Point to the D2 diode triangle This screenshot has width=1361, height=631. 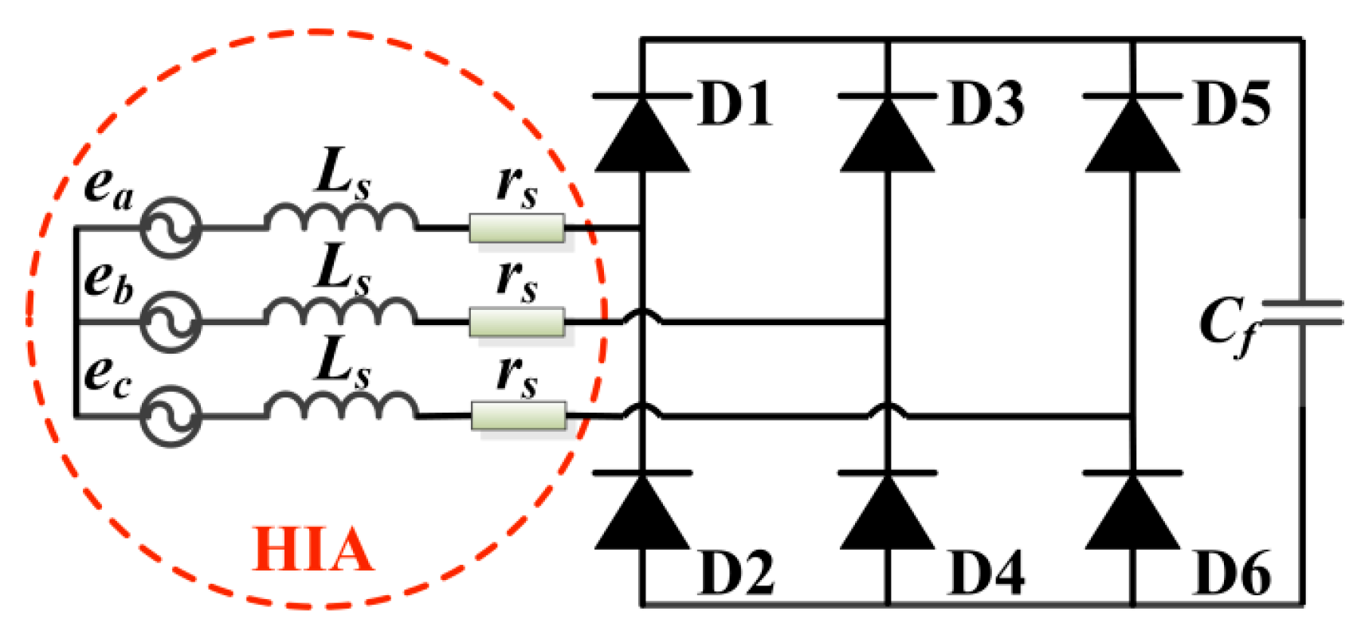tap(642, 514)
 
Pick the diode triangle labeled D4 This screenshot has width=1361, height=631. tap(887, 514)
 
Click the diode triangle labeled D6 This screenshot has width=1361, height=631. tap(1132, 514)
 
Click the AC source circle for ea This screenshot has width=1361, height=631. tap(171, 228)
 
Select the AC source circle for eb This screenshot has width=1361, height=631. tap(171, 321)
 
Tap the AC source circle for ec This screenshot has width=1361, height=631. tap(171, 415)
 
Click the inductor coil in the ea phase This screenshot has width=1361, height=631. tap(341, 218)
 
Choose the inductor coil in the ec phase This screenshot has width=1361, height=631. tap(341, 406)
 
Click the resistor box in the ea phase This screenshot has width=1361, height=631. tap(517, 228)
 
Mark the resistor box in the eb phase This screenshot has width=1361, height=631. tap(517, 322)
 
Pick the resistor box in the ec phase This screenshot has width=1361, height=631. tap(519, 415)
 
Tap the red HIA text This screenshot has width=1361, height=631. tap(312, 551)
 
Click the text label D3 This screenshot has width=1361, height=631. tap(986, 104)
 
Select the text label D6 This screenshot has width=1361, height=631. tap(1232, 574)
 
